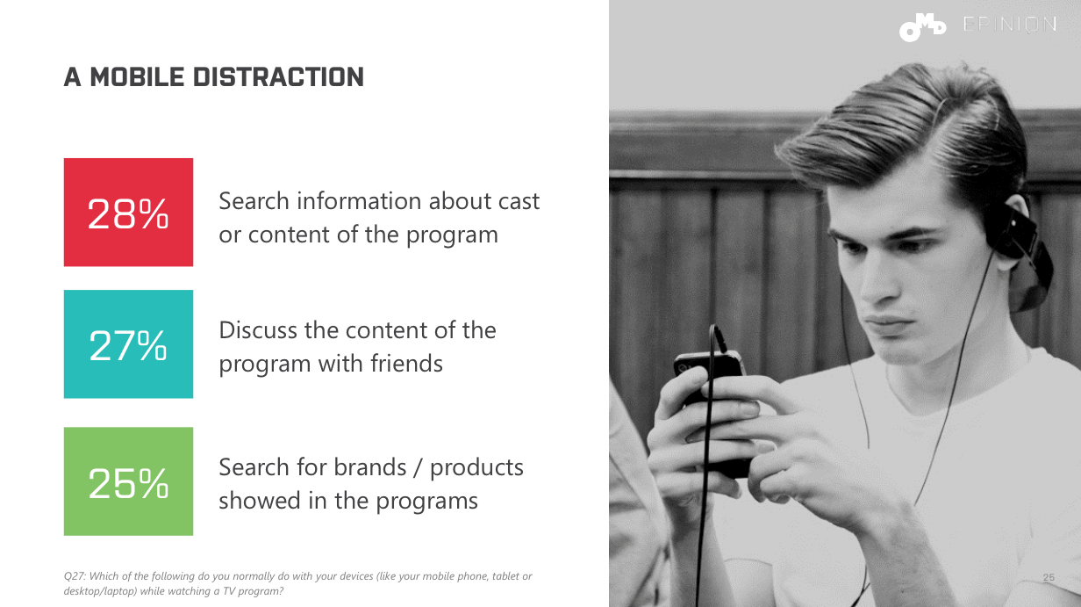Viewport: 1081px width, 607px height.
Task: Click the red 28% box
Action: coord(128,213)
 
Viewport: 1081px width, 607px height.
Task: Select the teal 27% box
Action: coord(128,344)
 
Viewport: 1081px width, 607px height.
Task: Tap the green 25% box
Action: coord(128,481)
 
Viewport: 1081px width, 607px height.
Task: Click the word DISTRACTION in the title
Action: coord(278,77)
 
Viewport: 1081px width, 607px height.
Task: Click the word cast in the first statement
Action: coord(519,201)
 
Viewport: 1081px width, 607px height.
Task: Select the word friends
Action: coord(406,364)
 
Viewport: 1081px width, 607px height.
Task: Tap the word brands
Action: coord(370,467)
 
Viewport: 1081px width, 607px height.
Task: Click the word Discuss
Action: coord(258,330)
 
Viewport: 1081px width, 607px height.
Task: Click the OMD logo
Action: coord(922,27)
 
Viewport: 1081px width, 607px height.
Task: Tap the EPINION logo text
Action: coord(1010,25)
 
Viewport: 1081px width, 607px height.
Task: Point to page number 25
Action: coord(1049,577)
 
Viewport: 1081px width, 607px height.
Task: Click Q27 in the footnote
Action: coord(75,576)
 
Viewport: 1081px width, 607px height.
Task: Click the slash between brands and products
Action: coord(418,468)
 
